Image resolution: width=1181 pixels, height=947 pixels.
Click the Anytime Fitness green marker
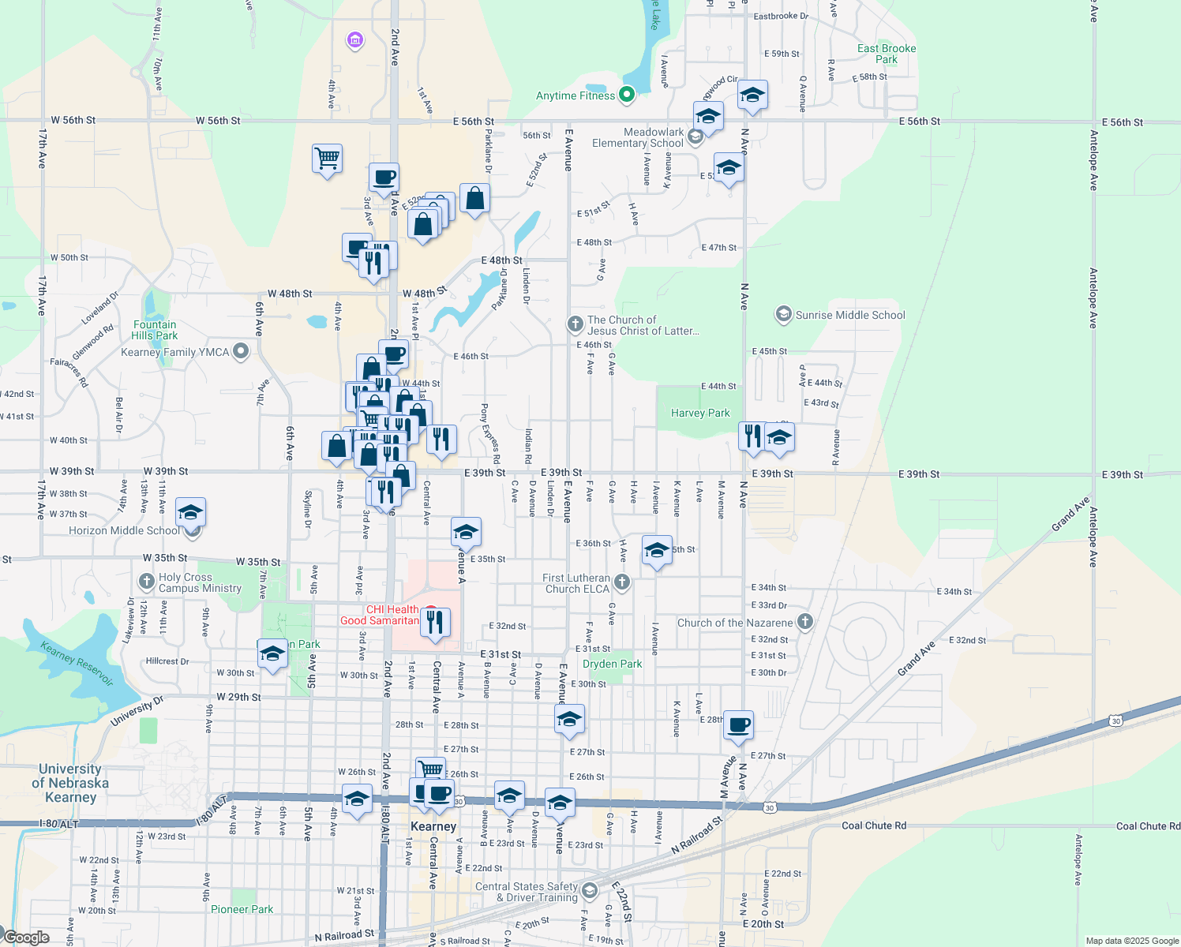pos(627,95)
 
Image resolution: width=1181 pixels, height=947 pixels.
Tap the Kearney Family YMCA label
pos(174,352)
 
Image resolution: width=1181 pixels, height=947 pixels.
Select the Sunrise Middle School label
pos(849,315)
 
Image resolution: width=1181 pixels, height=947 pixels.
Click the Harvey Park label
pos(700,413)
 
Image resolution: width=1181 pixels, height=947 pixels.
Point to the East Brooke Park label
pos(887,54)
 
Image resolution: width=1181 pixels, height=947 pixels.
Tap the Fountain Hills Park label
pos(155,330)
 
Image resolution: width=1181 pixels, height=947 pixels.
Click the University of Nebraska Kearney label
pos(70,783)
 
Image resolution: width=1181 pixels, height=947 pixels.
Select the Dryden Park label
pos(612,664)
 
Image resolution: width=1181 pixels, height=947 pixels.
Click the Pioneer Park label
pos(242,909)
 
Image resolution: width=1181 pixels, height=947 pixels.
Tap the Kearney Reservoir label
pos(77,664)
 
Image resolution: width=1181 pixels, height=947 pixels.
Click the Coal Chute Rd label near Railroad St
pos(874,825)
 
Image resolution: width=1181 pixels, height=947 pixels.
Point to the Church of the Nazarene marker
pos(804,622)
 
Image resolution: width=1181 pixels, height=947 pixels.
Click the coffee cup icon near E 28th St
pos(738,724)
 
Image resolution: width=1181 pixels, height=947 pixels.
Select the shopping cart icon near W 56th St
pos(327,158)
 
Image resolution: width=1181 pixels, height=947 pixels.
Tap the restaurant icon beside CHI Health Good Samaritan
pos(434,622)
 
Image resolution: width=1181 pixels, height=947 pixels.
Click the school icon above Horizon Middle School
pos(190,512)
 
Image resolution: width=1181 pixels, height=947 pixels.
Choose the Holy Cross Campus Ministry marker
pos(146,582)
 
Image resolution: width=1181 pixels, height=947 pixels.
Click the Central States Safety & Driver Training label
pos(527,892)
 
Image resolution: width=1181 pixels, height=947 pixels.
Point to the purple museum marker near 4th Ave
pos(355,39)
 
